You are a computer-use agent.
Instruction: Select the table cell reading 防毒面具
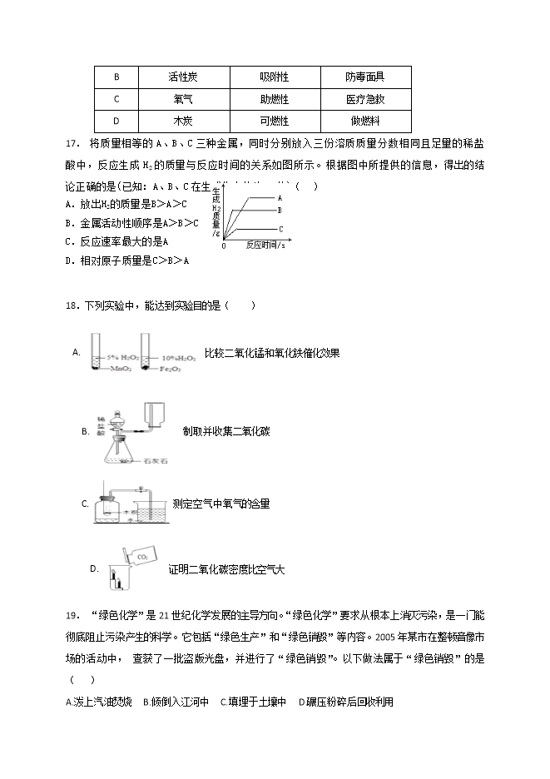365,77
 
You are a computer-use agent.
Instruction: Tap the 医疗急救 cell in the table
365,99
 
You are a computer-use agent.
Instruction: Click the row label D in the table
116,120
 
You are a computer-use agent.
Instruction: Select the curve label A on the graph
280,198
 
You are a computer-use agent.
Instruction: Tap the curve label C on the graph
280,228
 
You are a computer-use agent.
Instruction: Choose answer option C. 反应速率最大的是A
116,241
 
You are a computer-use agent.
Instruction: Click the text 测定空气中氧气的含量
220,504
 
